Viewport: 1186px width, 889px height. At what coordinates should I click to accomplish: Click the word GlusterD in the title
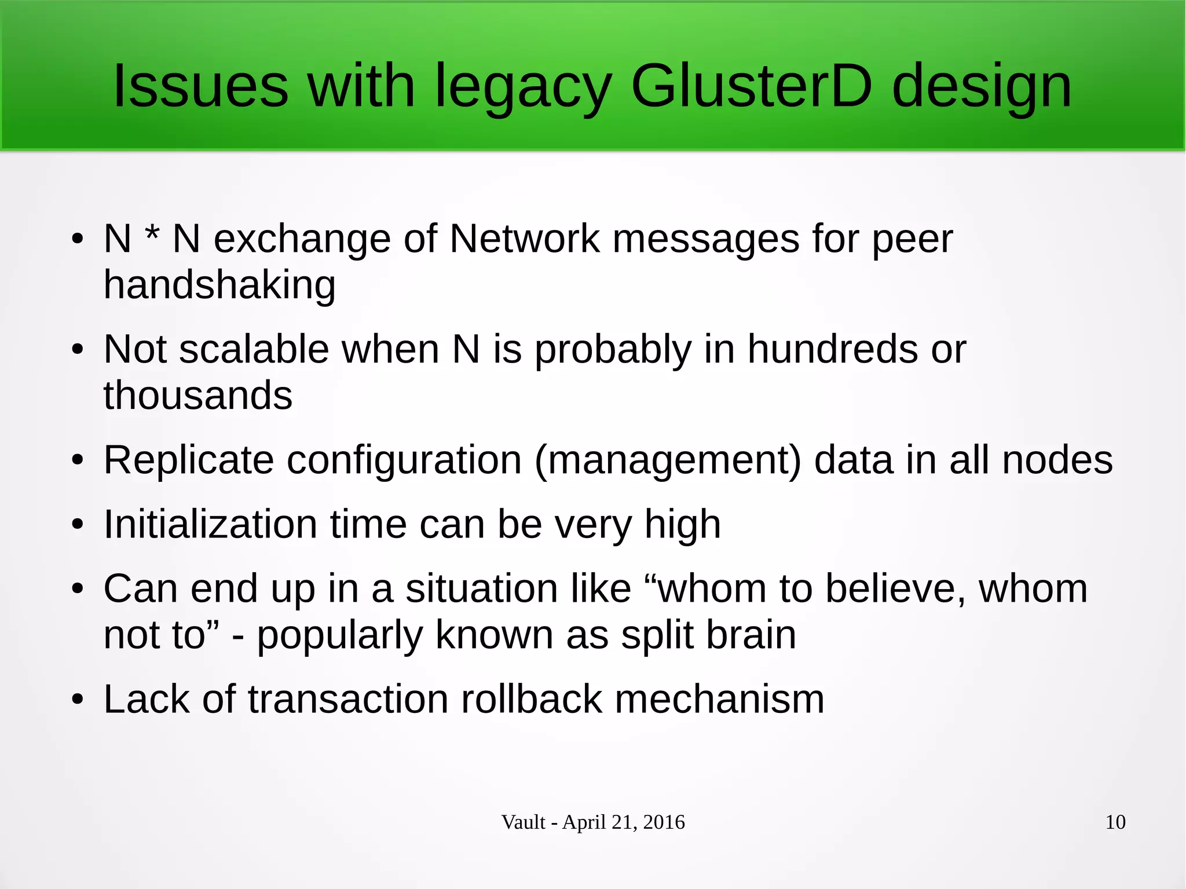pyautogui.click(x=751, y=87)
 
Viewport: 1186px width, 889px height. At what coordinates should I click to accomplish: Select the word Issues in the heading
pyautogui.click(x=200, y=87)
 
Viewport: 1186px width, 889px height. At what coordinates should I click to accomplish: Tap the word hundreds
pyautogui.click(x=832, y=349)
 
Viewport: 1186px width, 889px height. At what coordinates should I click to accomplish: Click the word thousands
pyautogui.click(x=198, y=396)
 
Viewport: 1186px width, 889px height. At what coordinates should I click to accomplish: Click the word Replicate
pyautogui.click(x=189, y=460)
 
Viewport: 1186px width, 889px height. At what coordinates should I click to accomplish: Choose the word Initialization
pyautogui.click(x=211, y=525)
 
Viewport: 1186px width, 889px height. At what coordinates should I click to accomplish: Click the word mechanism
pyautogui.click(x=719, y=699)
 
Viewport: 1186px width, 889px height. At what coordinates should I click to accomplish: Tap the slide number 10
pyautogui.click(x=1115, y=822)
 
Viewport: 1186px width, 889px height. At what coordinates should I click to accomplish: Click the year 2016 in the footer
pyautogui.click(x=664, y=822)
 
